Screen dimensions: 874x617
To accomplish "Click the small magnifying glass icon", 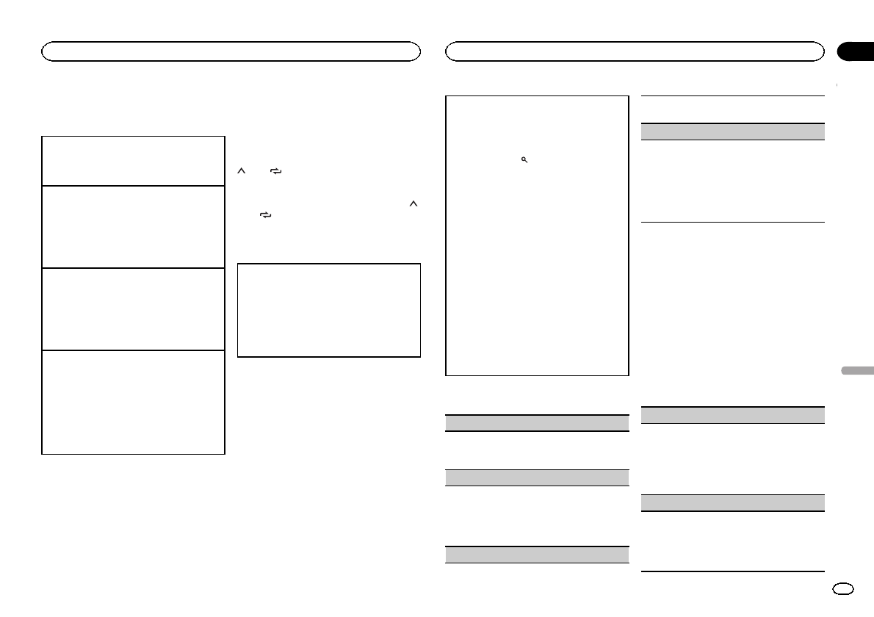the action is [x=524, y=159].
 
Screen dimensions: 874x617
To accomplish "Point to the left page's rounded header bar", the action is [x=231, y=51].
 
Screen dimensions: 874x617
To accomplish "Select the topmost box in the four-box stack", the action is [x=133, y=160].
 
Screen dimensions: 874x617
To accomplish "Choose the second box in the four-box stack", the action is [x=133, y=226].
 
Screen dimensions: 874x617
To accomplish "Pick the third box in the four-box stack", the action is [x=133, y=308].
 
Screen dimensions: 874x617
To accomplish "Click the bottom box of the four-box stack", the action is [x=133, y=403].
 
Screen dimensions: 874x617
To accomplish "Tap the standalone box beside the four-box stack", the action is [x=329, y=310].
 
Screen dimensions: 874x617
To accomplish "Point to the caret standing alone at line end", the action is [x=413, y=204].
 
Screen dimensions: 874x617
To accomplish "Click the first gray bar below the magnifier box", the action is [x=538, y=422].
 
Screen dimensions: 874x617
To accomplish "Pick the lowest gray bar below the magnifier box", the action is [x=538, y=554].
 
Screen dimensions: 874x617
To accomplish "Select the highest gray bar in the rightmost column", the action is [x=733, y=131].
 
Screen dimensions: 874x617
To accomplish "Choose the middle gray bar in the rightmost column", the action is [x=733, y=414].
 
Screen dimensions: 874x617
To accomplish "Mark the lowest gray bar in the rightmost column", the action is [x=733, y=502].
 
